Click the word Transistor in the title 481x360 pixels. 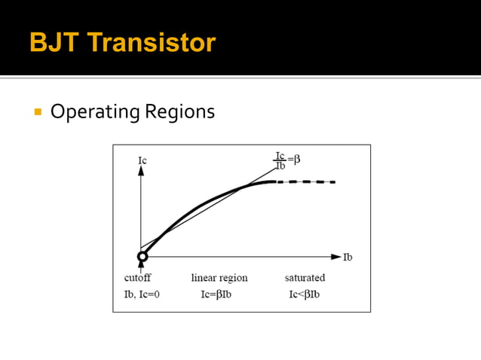click(x=151, y=42)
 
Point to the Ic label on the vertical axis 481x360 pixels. click(x=142, y=160)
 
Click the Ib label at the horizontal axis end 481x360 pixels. click(x=348, y=257)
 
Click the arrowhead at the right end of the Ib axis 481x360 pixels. click(x=335, y=257)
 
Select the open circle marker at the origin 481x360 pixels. click(x=142, y=257)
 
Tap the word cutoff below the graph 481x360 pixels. click(x=137, y=278)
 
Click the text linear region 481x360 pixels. click(x=219, y=278)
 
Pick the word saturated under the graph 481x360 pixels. click(x=305, y=278)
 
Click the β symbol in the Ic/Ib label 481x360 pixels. click(x=297, y=160)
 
